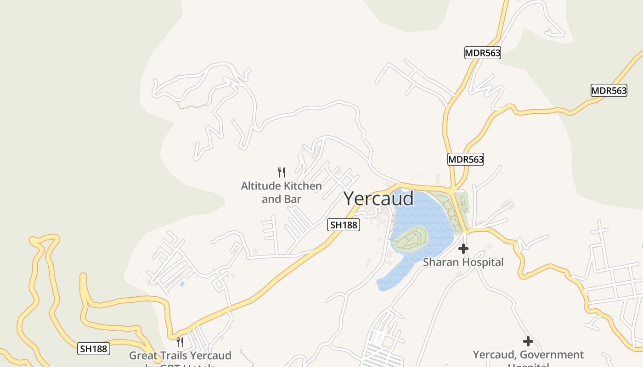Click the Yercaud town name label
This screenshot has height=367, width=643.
[x=378, y=199]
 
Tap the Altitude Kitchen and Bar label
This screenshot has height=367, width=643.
[x=282, y=192]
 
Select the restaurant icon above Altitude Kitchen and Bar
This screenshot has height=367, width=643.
[x=282, y=172]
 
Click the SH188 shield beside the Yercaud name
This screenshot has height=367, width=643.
[x=344, y=225]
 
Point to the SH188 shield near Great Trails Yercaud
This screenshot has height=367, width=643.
[x=94, y=349]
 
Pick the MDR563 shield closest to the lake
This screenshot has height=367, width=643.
[x=466, y=159]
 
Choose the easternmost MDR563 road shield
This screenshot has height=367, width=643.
[x=609, y=90]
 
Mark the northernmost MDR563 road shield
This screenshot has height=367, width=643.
[x=482, y=53]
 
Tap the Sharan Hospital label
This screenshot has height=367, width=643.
[x=463, y=262]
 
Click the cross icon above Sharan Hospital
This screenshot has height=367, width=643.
[x=463, y=249]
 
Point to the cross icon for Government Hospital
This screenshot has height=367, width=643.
[x=528, y=341]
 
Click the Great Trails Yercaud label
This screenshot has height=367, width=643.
[x=180, y=356]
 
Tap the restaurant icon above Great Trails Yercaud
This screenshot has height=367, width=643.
[x=180, y=342]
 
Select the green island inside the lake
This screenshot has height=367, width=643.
[x=410, y=238]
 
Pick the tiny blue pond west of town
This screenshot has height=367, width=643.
[x=182, y=284]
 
